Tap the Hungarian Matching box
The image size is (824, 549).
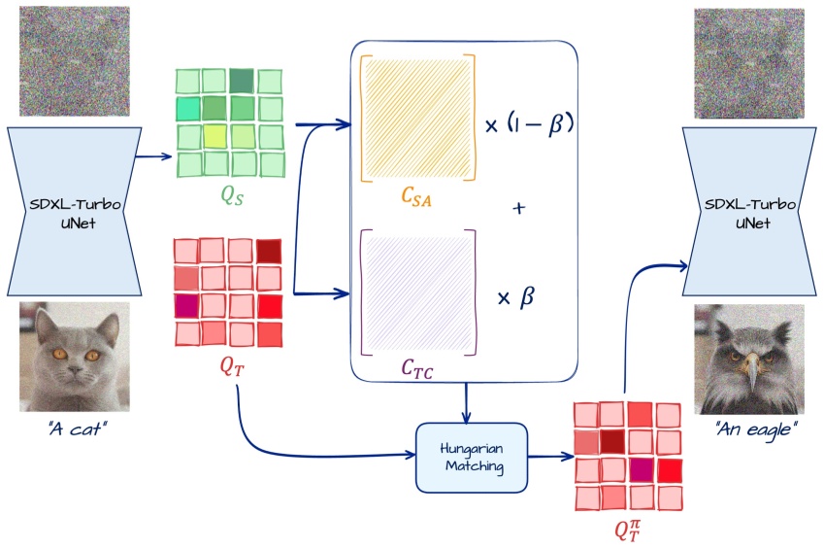(471, 456)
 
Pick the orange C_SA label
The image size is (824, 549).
(417, 197)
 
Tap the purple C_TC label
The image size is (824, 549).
(417, 369)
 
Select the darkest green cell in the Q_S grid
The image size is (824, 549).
(242, 80)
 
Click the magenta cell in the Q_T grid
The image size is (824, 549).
(186, 306)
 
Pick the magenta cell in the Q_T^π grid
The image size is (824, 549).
(640, 470)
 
